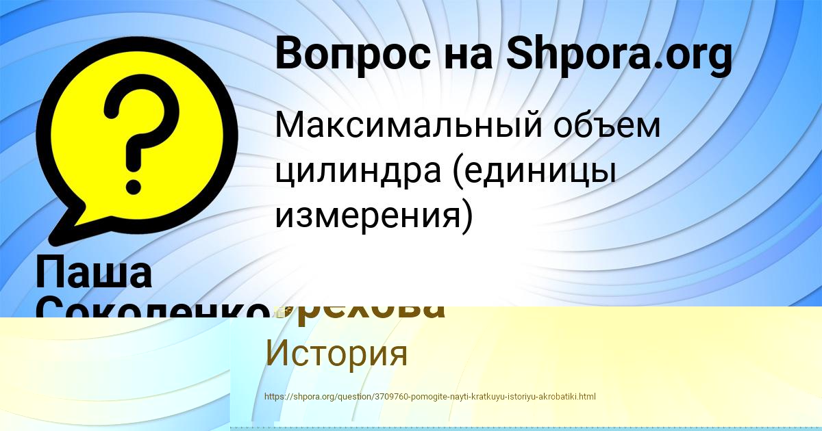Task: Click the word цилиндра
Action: click(x=357, y=171)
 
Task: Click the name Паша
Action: click(x=94, y=272)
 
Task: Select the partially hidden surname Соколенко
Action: click(x=151, y=309)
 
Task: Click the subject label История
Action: click(x=336, y=354)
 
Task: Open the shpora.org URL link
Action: click(x=429, y=396)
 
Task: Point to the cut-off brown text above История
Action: click(x=370, y=311)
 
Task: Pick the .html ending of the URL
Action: click(x=586, y=396)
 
